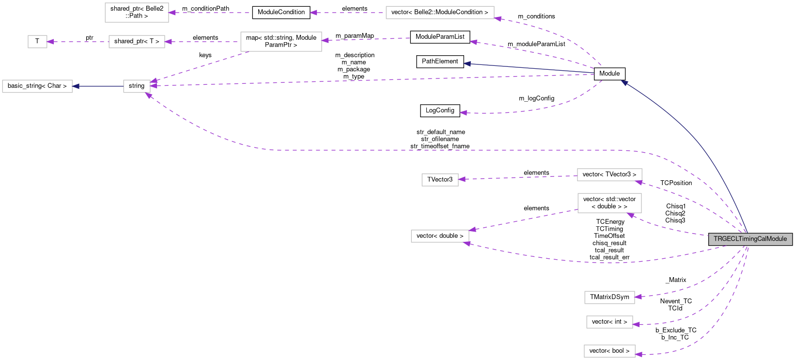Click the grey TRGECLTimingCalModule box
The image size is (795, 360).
(750, 239)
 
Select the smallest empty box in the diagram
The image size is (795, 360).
(37, 42)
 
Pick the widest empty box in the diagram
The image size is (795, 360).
(440, 13)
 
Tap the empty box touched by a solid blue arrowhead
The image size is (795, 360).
(37, 86)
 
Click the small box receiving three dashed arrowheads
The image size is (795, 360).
(137, 86)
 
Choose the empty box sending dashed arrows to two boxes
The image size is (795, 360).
(281, 42)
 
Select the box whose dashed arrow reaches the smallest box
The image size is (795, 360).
(137, 42)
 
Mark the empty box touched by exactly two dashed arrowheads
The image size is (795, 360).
(440, 236)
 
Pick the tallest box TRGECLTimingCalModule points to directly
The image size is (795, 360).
(609, 203)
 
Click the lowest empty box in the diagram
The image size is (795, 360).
(609, 351)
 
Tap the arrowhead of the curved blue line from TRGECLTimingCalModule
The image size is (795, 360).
(624, 83)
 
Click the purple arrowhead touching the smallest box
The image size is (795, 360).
(50, 42)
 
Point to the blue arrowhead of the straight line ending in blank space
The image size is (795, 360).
(467, 63)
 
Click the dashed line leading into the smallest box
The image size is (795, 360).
(78, 42)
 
